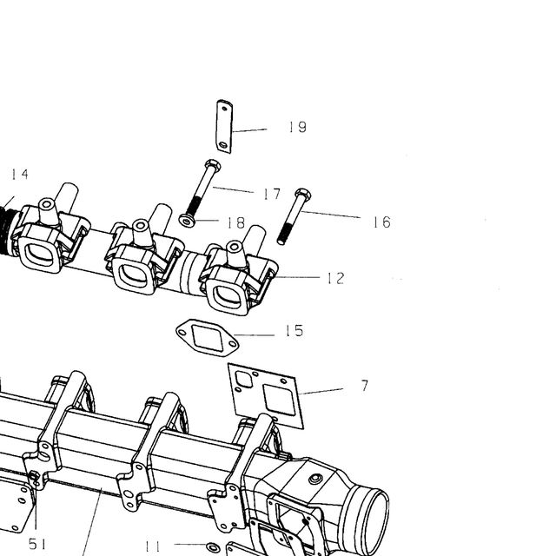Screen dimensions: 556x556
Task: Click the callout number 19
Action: coord(297,127)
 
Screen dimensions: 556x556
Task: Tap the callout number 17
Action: coord(272,194)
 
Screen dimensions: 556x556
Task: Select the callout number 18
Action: coord(236,222)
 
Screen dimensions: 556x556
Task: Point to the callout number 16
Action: coord(381,222)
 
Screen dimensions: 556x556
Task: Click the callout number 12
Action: coord(335,278)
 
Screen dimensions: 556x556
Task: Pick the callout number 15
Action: coord(295,330)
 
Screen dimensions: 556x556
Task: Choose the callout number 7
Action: coord(365,386)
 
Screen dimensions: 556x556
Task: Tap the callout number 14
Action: coord(20,174)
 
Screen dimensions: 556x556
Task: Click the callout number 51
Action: coord(37,544)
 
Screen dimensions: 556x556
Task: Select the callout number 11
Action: coord(153,546)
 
